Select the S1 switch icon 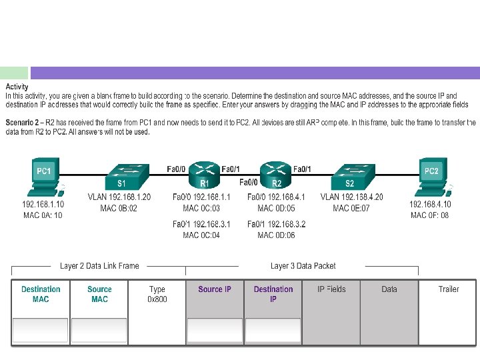point(123,174)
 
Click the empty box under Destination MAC point(40,330)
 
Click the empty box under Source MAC point(99,330)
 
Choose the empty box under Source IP point(215,330)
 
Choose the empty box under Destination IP point(273,330)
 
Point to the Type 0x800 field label point(157,294)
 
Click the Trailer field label point(449,289)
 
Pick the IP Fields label point(332,289)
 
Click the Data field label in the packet point(389,289)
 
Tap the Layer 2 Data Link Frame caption point(99,266)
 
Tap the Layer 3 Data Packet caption point(303,266)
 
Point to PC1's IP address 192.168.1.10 point(43,204)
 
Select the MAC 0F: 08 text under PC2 point(430,215)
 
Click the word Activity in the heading point(17,87)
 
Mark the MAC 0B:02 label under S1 point(119,208)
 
